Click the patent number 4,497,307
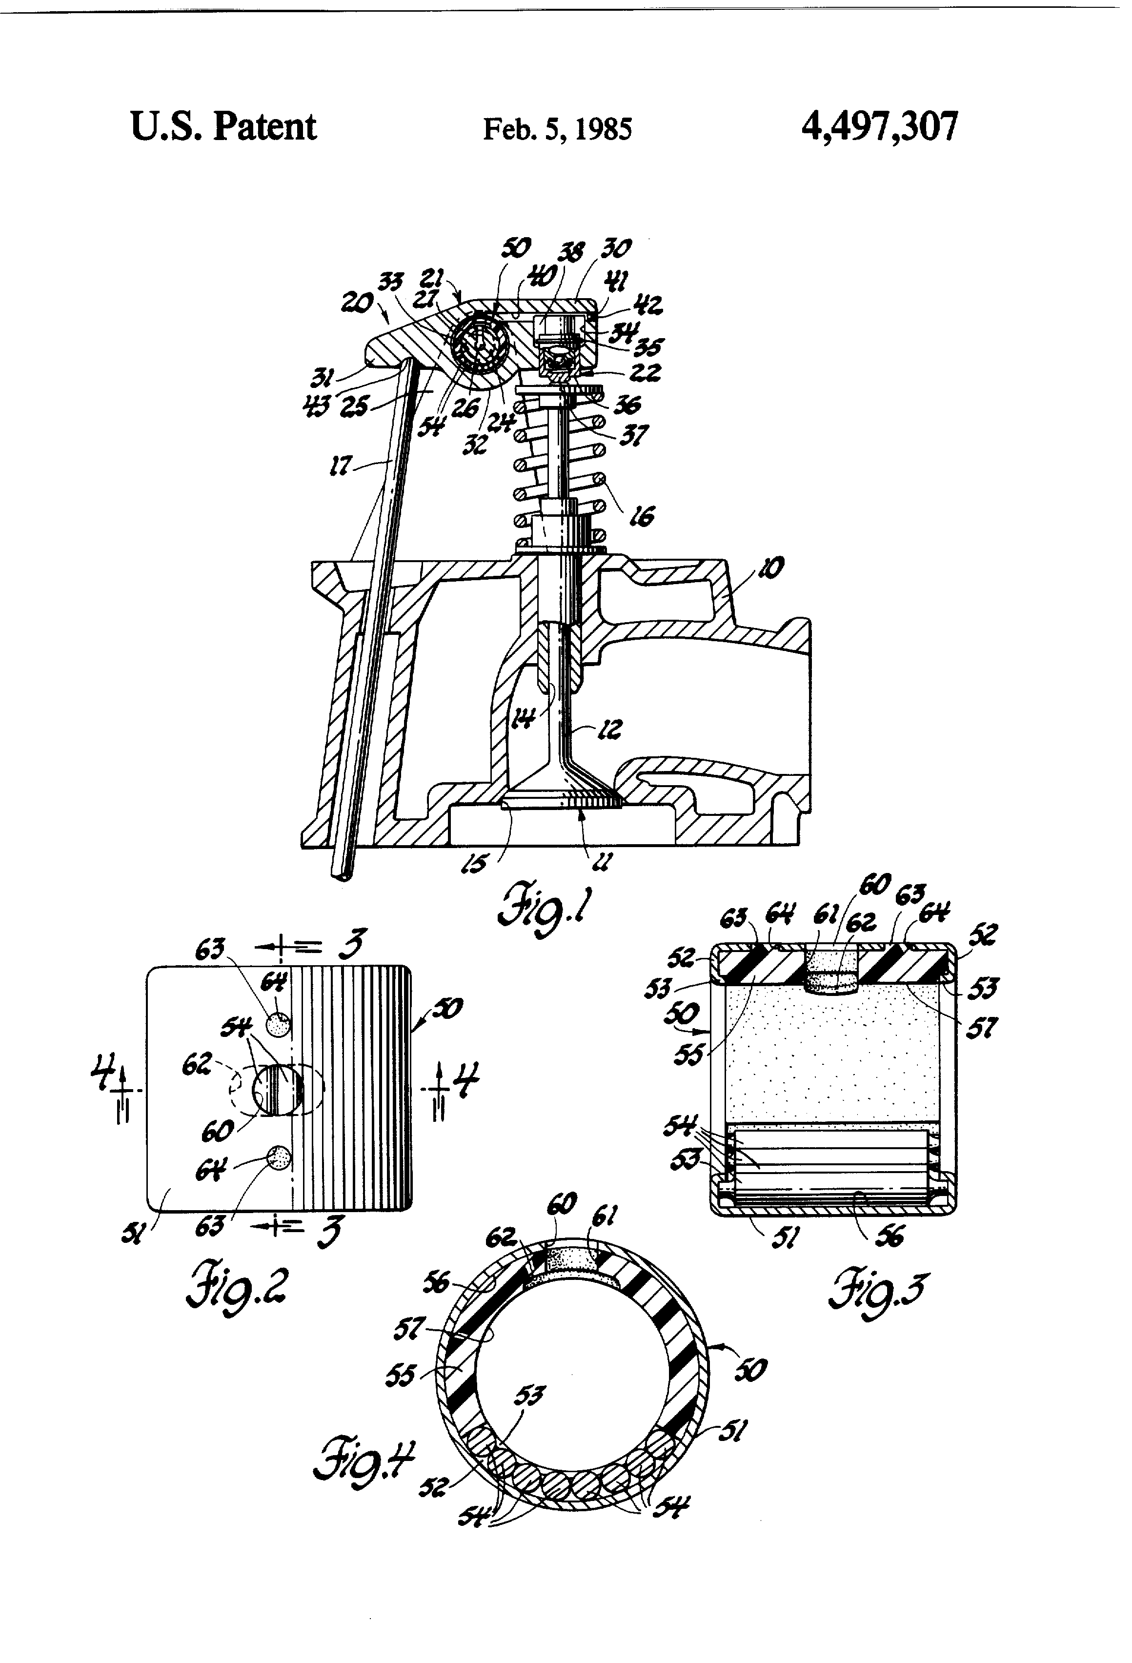(x=879, y=128)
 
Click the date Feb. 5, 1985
(x=557, y=129)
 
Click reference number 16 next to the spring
(x=641, y=515)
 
